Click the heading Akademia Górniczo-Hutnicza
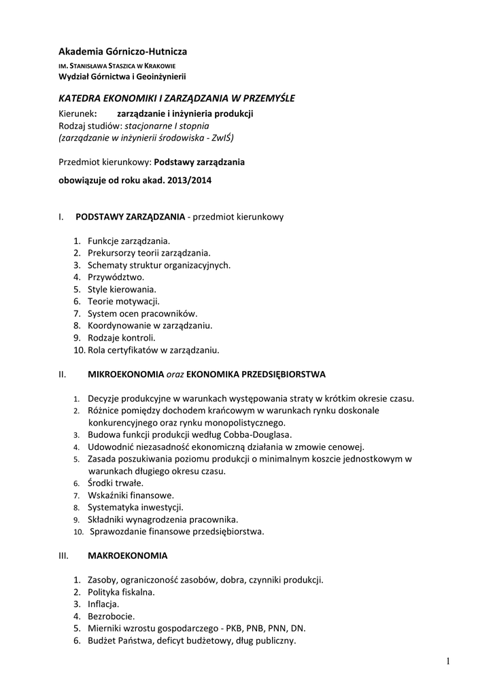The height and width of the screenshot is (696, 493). (123, 51)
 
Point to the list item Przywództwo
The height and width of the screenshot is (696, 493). (116, 277)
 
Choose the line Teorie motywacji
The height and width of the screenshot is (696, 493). (123, 301)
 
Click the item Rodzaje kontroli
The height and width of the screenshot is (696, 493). (121, 338)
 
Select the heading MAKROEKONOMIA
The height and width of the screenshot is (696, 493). (127, 555)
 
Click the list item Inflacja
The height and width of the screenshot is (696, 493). (103, 604)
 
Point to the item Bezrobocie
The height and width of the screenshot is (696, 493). (111, 616)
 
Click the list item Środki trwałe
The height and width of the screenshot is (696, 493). (116, 483)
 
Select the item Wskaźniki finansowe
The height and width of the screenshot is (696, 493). (131, 495)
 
